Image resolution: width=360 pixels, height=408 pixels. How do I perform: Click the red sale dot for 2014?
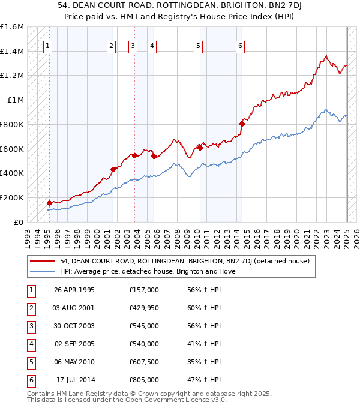(x=242, y=124)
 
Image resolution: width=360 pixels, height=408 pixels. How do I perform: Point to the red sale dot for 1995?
(x=49, y=203)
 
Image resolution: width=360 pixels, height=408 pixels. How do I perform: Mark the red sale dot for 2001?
(x=112, y=169)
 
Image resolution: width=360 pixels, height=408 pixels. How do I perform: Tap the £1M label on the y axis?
(x=16, y=100)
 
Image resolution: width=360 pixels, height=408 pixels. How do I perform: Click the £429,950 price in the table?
(x=144, y=308)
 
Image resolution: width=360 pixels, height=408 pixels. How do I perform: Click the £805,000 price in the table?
(x=144, y=380)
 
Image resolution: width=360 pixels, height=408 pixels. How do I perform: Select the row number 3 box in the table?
(x=31, y=326)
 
